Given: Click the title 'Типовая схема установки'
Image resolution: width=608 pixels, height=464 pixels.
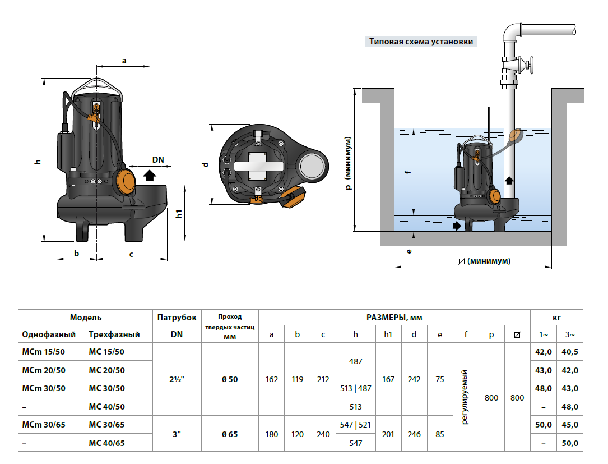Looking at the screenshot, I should [421, 42].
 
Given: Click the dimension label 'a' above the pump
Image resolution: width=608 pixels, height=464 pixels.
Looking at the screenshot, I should [124, 60].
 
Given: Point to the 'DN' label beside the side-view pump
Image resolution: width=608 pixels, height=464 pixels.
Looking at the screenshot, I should [158, 159].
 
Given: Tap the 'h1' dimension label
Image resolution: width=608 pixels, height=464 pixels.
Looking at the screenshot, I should [179, 214].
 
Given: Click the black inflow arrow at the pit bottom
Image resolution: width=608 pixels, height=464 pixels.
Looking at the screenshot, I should [458, 226].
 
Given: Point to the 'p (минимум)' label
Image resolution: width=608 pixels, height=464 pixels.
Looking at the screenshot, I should [349, 163].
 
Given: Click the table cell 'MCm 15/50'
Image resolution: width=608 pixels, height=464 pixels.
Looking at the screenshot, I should [44, 352].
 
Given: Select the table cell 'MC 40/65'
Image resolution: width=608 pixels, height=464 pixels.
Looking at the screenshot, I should [106, 443].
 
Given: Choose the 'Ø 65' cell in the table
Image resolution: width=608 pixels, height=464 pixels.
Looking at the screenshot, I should [230, 434].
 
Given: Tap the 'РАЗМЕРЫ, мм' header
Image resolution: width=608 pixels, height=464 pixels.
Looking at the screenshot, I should [394, 318].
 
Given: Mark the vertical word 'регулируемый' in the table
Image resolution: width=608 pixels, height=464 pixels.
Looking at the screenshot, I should [466, 397].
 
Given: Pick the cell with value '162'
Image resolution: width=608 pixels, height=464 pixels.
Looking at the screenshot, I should [272, 379].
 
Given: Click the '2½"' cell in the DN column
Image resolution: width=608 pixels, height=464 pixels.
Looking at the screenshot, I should [177, 379].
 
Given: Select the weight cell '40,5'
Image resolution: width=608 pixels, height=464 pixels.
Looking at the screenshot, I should [570, 352].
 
